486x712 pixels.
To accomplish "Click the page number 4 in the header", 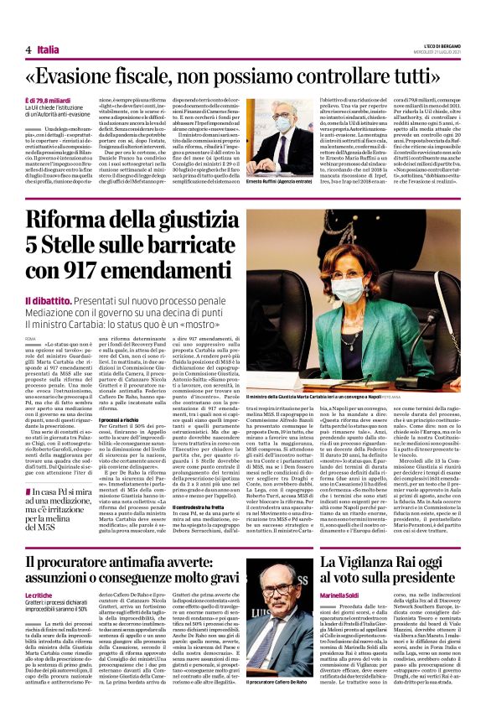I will click(x=28, y=49).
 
